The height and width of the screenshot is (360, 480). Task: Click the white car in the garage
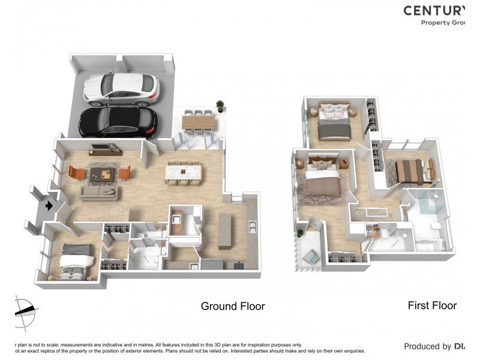(x=122, y=88)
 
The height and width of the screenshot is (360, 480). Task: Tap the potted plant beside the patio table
(x=220, y=106)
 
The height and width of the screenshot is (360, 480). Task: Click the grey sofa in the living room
(x=99, y=193)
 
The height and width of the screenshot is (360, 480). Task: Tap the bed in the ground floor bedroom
(x=74, y=263)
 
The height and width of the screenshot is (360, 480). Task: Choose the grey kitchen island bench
(x=225, y=230)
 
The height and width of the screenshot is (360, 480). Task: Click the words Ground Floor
(x=232, y=306)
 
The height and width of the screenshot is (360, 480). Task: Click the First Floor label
(x=432, y=305)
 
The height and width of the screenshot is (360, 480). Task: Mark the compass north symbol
(x=25, y=311)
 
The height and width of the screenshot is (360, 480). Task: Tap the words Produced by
(x=427, y=346)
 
